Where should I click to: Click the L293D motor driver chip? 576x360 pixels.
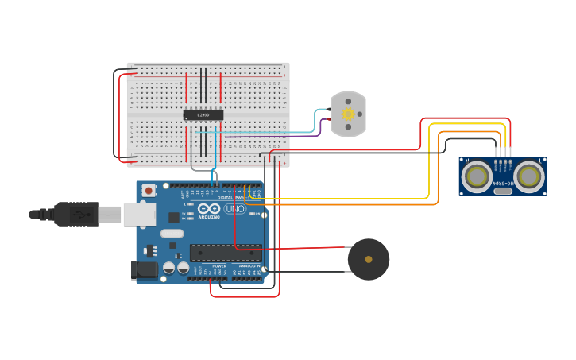pyautogui.click(x=203, y=114)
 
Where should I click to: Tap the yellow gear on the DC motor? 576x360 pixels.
pyautogui.click(x=348, y=114)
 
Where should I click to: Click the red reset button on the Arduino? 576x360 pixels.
pyautogui.click(x=149, y=191)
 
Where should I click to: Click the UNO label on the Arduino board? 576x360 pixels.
pyautogui.click(x=234, y=209)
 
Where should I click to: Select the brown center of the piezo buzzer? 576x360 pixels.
pyautogui.click(x=369, y=259)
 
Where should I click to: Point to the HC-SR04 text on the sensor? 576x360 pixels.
pyautogui.click(x=503, y=183)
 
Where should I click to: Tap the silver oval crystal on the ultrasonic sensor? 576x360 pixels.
pyautogui.click(x=502, y=191)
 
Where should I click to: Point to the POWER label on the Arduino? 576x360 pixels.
pyautogui.click(x=208, y=265)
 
